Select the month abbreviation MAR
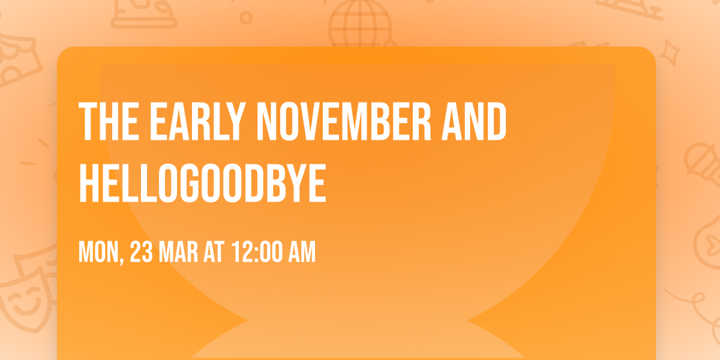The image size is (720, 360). click(x=179, y=253)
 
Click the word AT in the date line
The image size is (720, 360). click(x=213, y=253)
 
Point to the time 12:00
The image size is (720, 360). click(x=257, y=253)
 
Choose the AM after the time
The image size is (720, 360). click(x=302, y=253)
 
